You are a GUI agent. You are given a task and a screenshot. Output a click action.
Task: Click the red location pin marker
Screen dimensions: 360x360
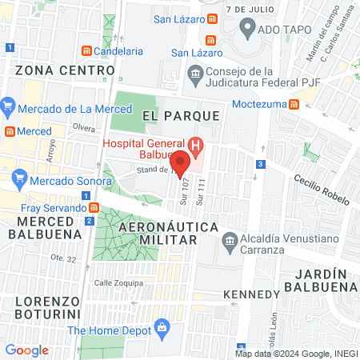tap(180, 163)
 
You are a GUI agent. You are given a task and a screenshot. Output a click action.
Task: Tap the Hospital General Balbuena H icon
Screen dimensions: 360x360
tap(196, 145)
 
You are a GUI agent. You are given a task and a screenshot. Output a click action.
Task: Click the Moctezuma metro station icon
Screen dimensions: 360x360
tap(294, 104)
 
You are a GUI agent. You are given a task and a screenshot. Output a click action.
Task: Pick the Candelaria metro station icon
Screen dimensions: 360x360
tap(86, 51)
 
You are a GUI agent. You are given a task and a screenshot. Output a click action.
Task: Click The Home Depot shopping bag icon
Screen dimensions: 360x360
tap(162, 327)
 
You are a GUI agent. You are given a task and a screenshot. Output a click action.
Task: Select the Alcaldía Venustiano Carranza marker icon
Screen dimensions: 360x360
tap(230, 240)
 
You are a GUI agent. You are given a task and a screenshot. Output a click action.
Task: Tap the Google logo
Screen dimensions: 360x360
tap(26, 350)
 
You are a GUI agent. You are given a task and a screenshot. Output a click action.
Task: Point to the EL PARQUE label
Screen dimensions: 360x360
tap(181, 116)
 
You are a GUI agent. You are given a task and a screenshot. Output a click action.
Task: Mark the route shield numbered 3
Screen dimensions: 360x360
tap(260, 164)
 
